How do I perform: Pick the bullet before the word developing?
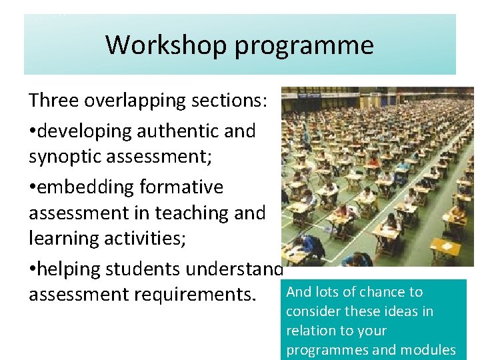[x=33, y=131]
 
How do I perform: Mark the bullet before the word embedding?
[x=33, y=187]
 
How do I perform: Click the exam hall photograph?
[x=377, y=177]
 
